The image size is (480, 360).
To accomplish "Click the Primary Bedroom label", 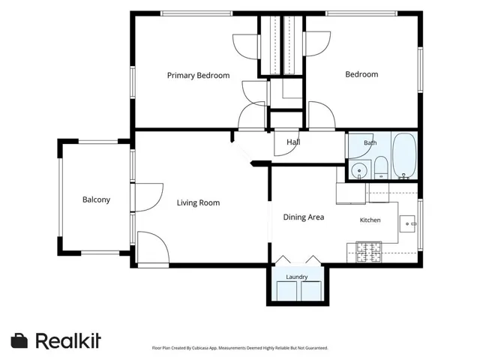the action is click(x=198, y=75).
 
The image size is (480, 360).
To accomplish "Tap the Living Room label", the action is click(x=198, y=202).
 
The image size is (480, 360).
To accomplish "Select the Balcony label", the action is click(x=96, y=199).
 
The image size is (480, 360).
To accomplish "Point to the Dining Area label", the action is click(x=304, y=217).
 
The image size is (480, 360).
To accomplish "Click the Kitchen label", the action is click(x=370, y=220).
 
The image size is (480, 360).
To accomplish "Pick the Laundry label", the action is click(x=297, y=277).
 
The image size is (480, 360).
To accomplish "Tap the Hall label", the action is click(x=293, y=142).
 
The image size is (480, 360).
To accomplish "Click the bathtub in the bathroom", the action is click(x=404, y=155).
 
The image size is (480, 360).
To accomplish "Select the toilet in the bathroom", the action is click(x=381, y=167).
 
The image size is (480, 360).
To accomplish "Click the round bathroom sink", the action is click(x=359, y=170).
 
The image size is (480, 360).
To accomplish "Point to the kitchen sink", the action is click(x=407, y=223).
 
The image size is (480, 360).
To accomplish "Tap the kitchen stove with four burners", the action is click(x=369, y=252).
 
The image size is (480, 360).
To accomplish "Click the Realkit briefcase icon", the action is click(x=19, y=340).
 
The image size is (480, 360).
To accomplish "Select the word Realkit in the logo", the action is click(x=68, y=340).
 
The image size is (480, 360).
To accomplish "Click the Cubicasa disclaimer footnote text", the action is click(x=240, y=348).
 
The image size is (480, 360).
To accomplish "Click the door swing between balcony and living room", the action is click(x=149, y=197).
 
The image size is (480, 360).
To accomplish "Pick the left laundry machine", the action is click(x=286, y=291).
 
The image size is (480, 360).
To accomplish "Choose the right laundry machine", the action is click(x=311, y=291).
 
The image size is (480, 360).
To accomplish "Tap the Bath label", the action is click(x=370, y=142).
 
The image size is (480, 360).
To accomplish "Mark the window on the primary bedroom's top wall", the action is click(x=196, y=13).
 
